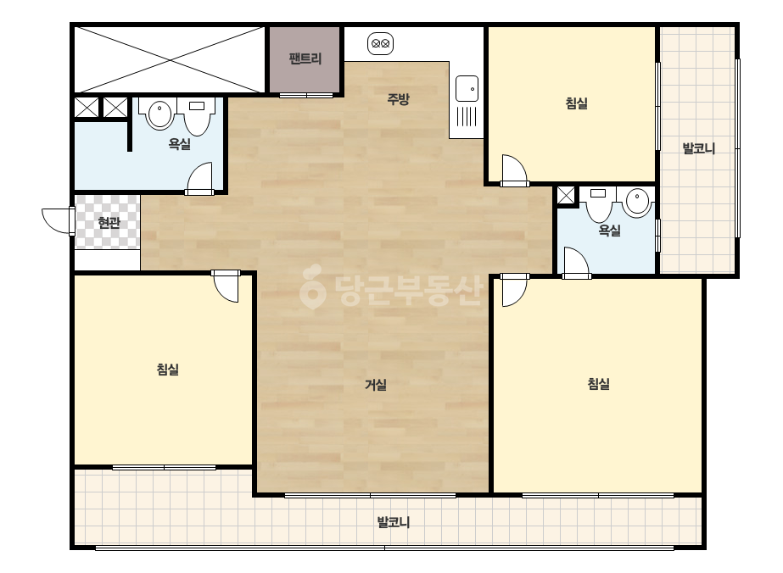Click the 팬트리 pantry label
pyautogui.click(x=305, y=58)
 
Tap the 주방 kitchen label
pyautogui.click(x=398, y=99)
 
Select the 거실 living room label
pyautogui.click(x=376, y=384)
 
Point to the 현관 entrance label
pyautogui.click(x=109, y=222)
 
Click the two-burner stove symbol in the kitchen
pyautogui.click(x=381, y=44)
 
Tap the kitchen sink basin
pyautogui.click(x=467, y=89)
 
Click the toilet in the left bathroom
pyautogui.click(x=197, y=116)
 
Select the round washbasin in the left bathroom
pyautogui.click(x=159, y=114)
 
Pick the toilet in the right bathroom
pyautogui.click(x=599, y=204)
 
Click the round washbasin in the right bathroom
pyautogui.click(x=637, y=201)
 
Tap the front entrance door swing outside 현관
pyautogui.click(x=58, y=221)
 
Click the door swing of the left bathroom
pyautogui.click(x=199, y=176)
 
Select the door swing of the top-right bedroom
pyautogui.click(x=514, y=169)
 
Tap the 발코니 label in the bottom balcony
pyautogui.click(x=393, y=522)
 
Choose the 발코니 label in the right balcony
pyautogui.click(x=699, y=148)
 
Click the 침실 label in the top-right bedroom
pyautogui.click(x=576, y=103)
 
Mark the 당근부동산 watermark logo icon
pyautogui.click(x=312, y=286)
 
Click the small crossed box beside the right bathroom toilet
pyautogui.click(x=566, y=195)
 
